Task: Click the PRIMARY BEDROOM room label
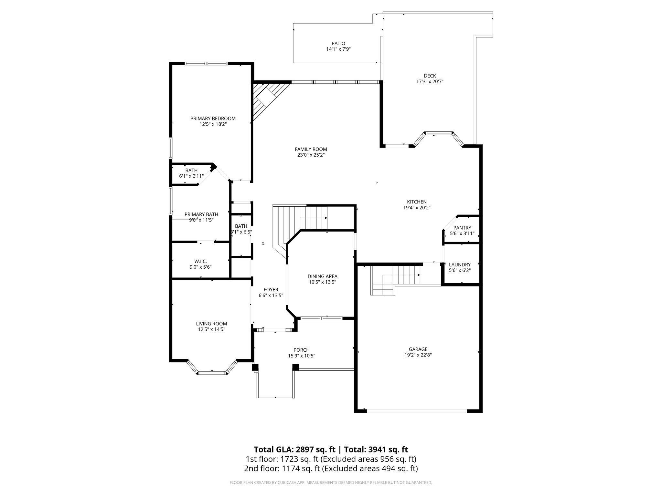point(213,119)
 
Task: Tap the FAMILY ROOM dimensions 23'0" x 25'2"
point(311,155)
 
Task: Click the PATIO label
point(338,44)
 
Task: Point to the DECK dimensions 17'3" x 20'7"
point(430,82)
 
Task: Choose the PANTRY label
point(462,228)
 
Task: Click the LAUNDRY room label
point(460,264)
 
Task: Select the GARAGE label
point(418,349)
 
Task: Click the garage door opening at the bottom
point(417,411)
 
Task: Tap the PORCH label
point(301,350)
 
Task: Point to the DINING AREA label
point(322,276)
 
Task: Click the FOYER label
point(271,290)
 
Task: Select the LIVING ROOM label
point(211,324)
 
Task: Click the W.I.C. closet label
point(200,261)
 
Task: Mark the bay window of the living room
point(212,372)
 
